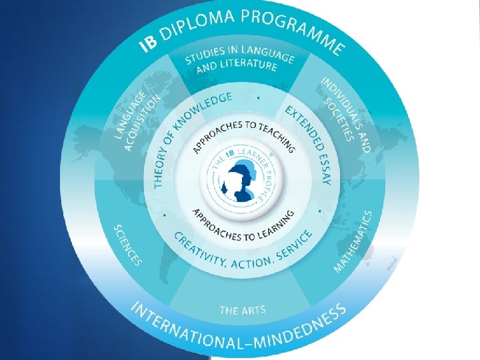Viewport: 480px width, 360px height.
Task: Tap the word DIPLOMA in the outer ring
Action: point(194,24)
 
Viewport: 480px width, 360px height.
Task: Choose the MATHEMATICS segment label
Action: point(354,241)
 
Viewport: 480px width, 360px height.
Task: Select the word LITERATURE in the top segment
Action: point(251,65)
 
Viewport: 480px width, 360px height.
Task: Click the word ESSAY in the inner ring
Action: point(324,170)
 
